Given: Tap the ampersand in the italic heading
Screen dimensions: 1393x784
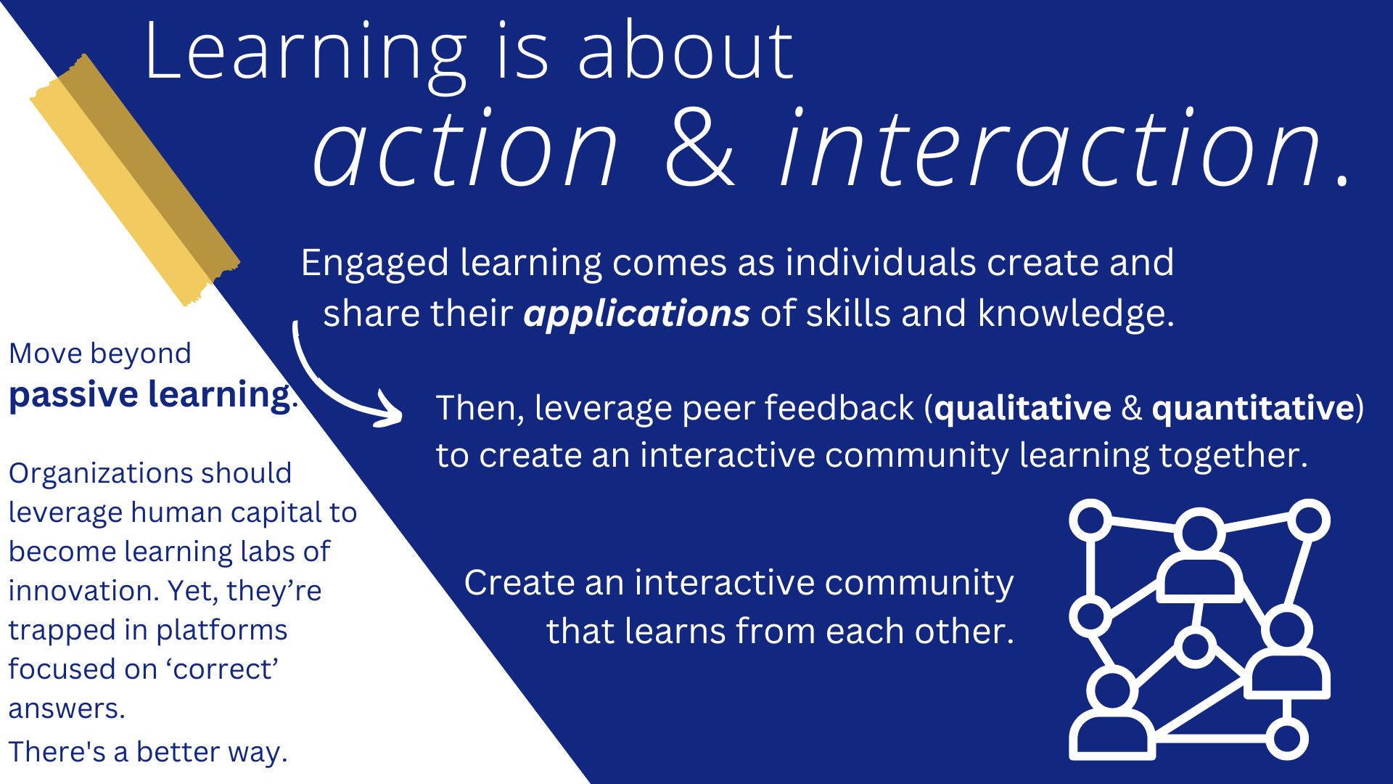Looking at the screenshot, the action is pyautogui.click(x=699, y=148).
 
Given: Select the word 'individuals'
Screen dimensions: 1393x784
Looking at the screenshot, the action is pyautogui.click(x=881, y=262).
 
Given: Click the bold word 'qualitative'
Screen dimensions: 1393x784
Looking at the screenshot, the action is pyautogui.click(x=1023, y=409).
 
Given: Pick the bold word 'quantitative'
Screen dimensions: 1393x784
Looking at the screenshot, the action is pyautogui.click(x=1253, y=409).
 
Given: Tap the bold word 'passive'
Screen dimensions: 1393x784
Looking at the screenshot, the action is pyautogui.click(x=73, y=396).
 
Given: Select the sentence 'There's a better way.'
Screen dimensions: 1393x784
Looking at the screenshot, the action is pyautogui.click(x=148, y=752).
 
